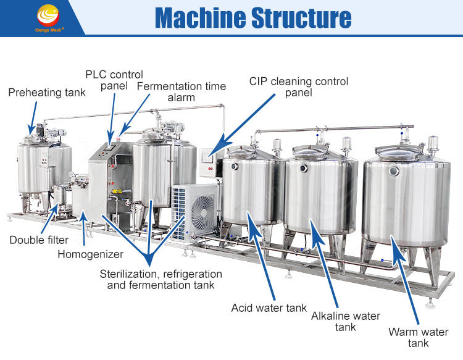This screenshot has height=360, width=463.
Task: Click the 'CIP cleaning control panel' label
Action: coord(299,87)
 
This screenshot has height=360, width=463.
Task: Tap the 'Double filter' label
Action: coord(39,240)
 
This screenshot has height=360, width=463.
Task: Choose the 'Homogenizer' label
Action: coord(90,254)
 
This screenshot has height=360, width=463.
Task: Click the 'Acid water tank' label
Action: coord(269,308)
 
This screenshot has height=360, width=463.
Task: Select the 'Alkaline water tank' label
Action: coord(345,321)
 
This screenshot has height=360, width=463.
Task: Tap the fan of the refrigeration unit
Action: coord(203,214)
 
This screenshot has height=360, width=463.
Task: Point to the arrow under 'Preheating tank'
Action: coord(31,117)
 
